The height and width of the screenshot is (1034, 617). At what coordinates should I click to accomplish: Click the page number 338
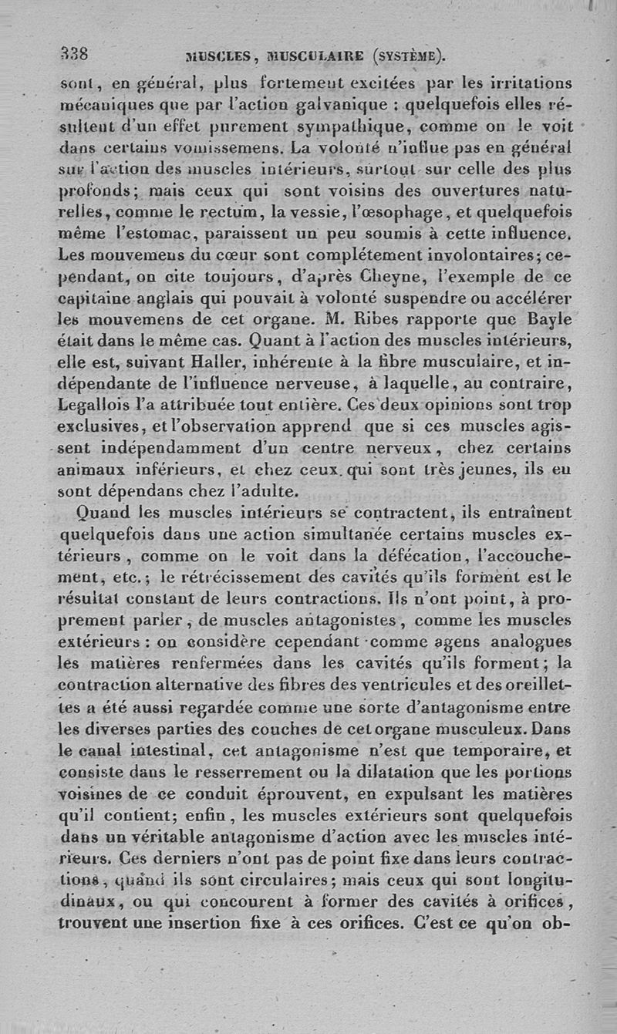[75, 54]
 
